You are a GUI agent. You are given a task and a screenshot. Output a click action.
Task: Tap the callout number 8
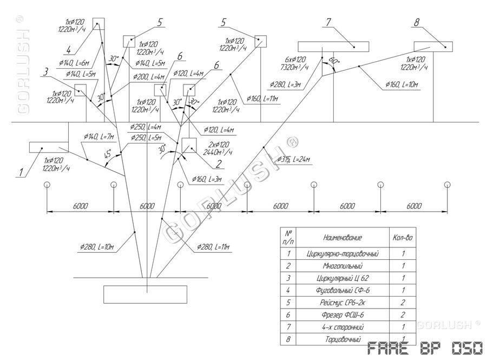tap(416, 23)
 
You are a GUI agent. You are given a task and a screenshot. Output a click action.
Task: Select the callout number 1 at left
tap(21, 173)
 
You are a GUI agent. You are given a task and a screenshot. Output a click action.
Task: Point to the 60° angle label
tap(333, 61)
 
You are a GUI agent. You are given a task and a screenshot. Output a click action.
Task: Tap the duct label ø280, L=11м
tap(213, 247)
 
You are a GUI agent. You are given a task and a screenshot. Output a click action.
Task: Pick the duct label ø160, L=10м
tap(402, 85)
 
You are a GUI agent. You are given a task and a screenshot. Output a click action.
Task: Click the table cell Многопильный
tap(341, 266)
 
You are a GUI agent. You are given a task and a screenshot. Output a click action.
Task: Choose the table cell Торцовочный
tap(341, 340)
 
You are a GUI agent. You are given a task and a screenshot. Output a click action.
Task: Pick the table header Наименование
tap(341, 237)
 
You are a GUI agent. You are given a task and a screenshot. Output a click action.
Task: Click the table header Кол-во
tap(402, 237)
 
